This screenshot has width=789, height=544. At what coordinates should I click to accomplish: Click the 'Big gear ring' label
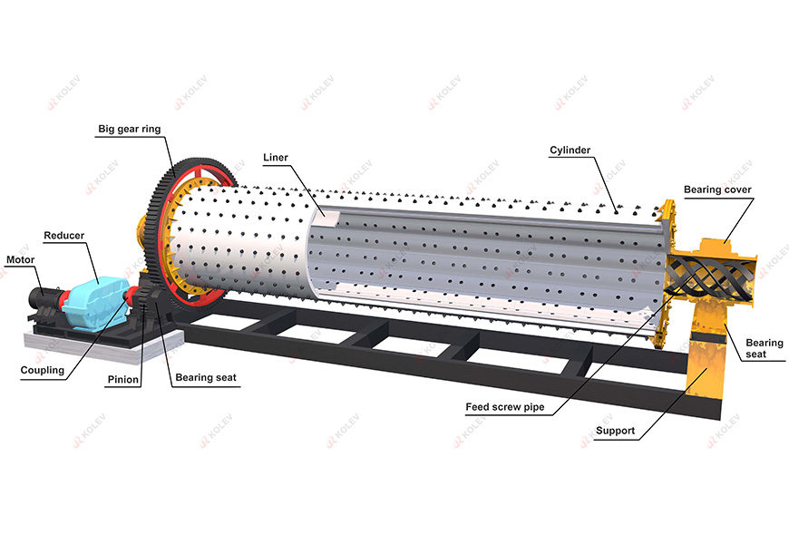(x=130, y=130)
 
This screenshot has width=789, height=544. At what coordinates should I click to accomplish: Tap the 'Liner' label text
(x=275, y=158)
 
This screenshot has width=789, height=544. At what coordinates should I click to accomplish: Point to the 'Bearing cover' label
(x=717, y=189)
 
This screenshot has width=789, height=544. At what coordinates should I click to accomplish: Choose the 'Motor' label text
(x=20, y=259)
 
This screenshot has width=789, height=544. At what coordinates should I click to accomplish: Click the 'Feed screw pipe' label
(x=505, y=407)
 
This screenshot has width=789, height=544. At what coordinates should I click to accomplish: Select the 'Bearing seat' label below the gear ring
(x=200, y=380)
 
